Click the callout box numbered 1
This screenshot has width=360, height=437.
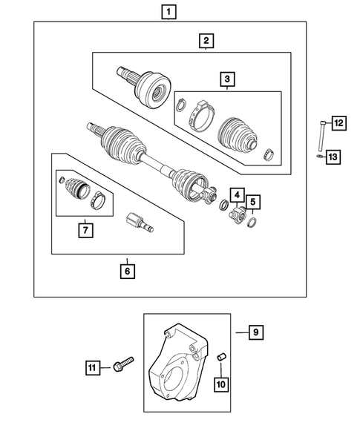pyautogui.click(x=171, y=12)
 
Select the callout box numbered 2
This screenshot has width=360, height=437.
pyautogui.click(x=206, y=42)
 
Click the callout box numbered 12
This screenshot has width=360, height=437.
pyautogui.click(x=338, y=123)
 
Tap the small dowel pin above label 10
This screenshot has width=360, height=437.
pyautogui.click(x=220, y=360)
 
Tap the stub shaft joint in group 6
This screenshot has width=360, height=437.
pyautogui.click(x=138, y=221)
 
